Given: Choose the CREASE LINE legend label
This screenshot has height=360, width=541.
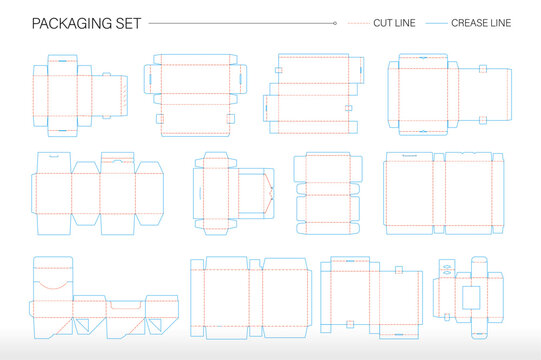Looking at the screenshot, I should (483, 22).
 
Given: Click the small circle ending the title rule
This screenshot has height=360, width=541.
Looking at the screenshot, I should (334, 22).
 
